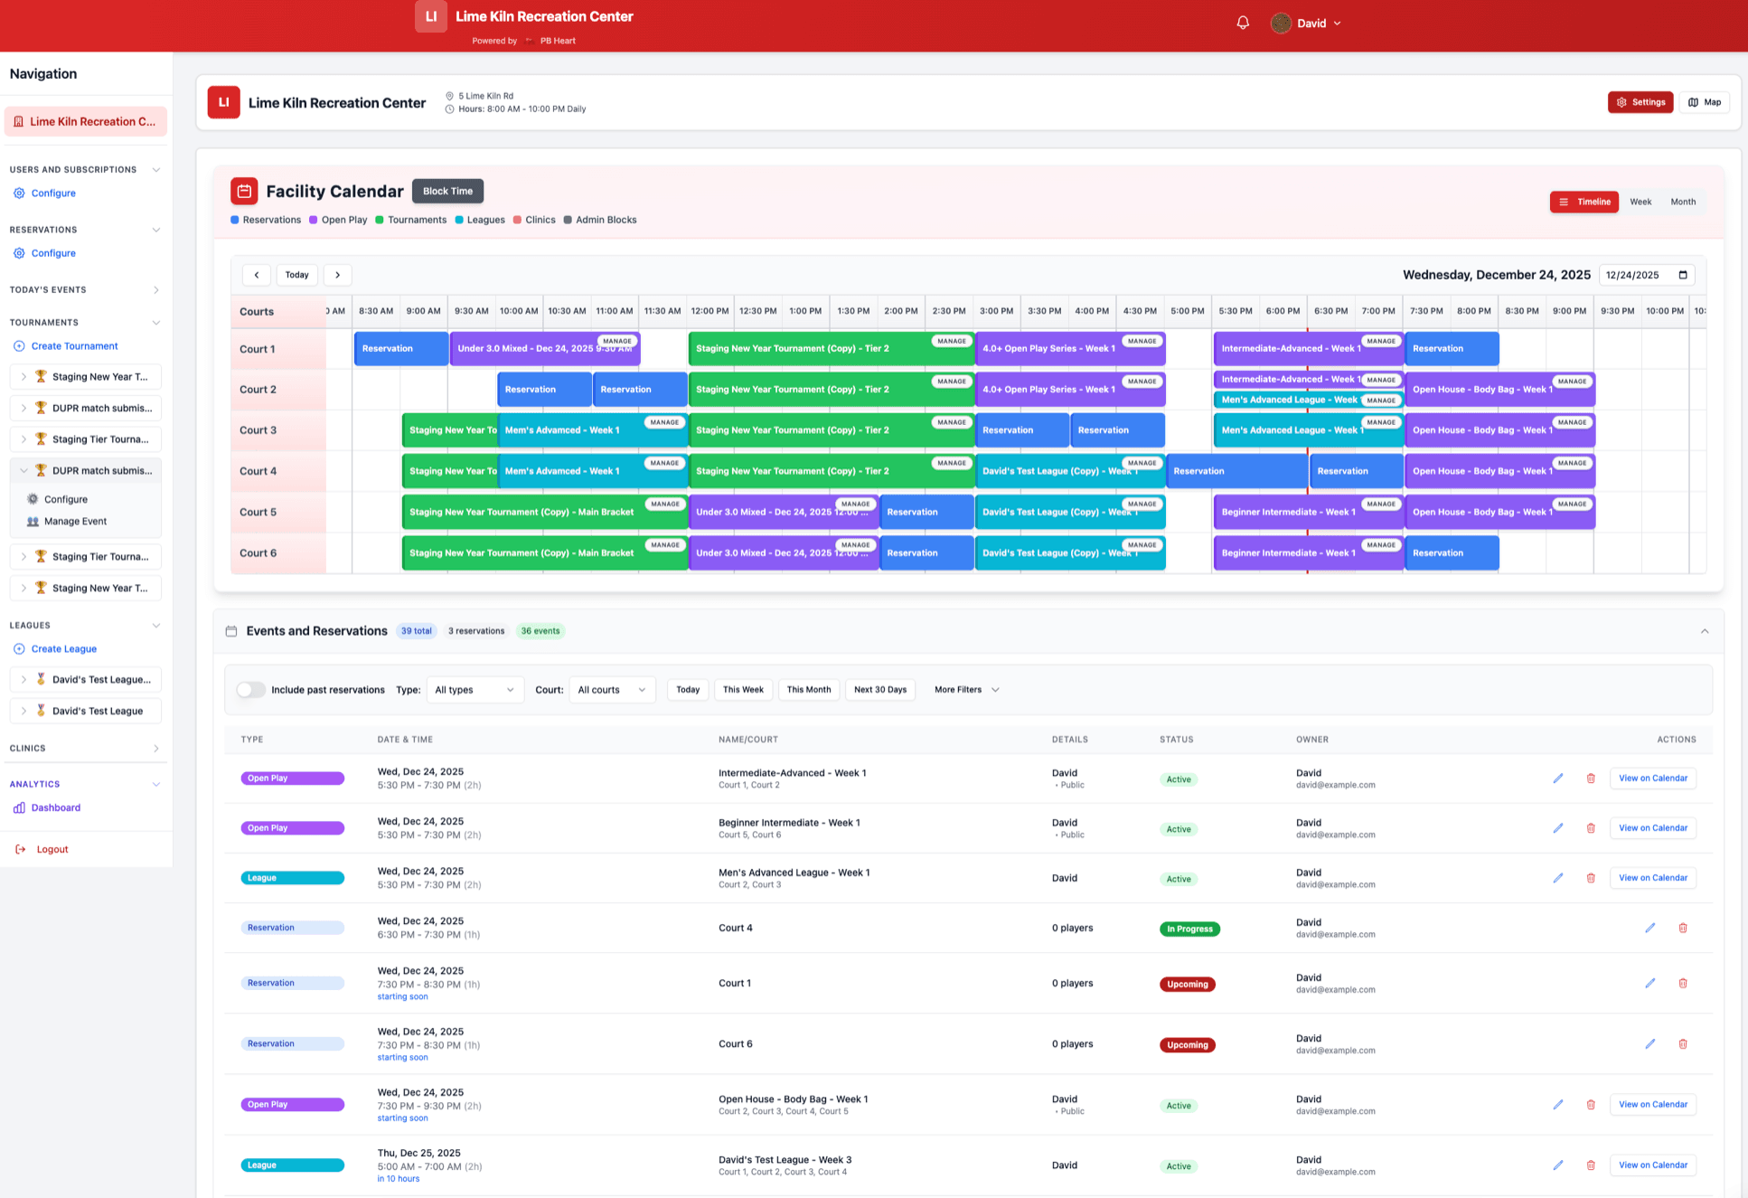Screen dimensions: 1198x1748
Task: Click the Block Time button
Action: coord(447,191)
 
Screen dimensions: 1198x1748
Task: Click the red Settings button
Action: coord(1640,102)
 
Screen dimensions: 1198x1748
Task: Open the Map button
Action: coord(1704,102)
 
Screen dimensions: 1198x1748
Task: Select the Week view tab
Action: coord(1640,202)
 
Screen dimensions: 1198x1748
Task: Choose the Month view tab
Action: coord(1682,202)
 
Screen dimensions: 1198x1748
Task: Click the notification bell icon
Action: coord(1243,24)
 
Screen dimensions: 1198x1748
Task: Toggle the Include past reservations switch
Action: coord(250,690)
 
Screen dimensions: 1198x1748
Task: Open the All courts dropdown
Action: coord(612,690)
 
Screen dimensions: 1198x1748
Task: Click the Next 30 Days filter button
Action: coord(879,690)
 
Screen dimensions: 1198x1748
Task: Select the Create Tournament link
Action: coord(74,346)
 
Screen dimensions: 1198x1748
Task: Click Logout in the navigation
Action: coord(52,849)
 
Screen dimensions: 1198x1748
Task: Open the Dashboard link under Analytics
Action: coord(55,807)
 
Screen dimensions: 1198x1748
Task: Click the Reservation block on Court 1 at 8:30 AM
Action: coord(400,349)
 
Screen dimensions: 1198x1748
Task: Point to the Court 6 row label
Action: coord(258,553)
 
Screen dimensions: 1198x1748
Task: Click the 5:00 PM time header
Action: coord(1187,311)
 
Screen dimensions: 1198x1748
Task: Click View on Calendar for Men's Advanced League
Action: coord(1652,878)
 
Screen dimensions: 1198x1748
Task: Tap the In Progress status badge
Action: coord(1189,929)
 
